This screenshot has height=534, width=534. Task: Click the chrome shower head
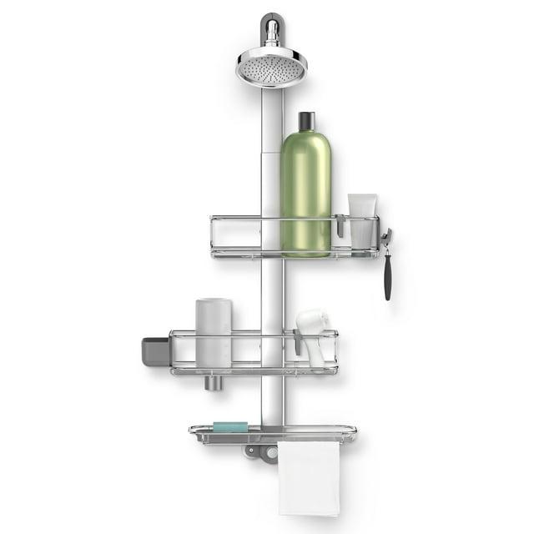tap(271, 67)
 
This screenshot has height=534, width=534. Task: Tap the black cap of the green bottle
tap(305, 122)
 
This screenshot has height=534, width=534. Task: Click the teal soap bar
tap(230, 426)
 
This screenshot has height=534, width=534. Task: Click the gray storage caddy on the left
tap(155, 350)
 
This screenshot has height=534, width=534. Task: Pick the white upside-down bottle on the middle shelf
tap(213, 334)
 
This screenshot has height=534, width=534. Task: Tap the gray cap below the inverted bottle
tap(213, 383)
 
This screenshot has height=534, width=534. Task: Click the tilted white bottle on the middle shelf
tap(312, 334)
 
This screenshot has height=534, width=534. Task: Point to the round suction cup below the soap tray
tap(269, 453)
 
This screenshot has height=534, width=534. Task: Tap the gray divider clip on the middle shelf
tap(298, 340)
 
